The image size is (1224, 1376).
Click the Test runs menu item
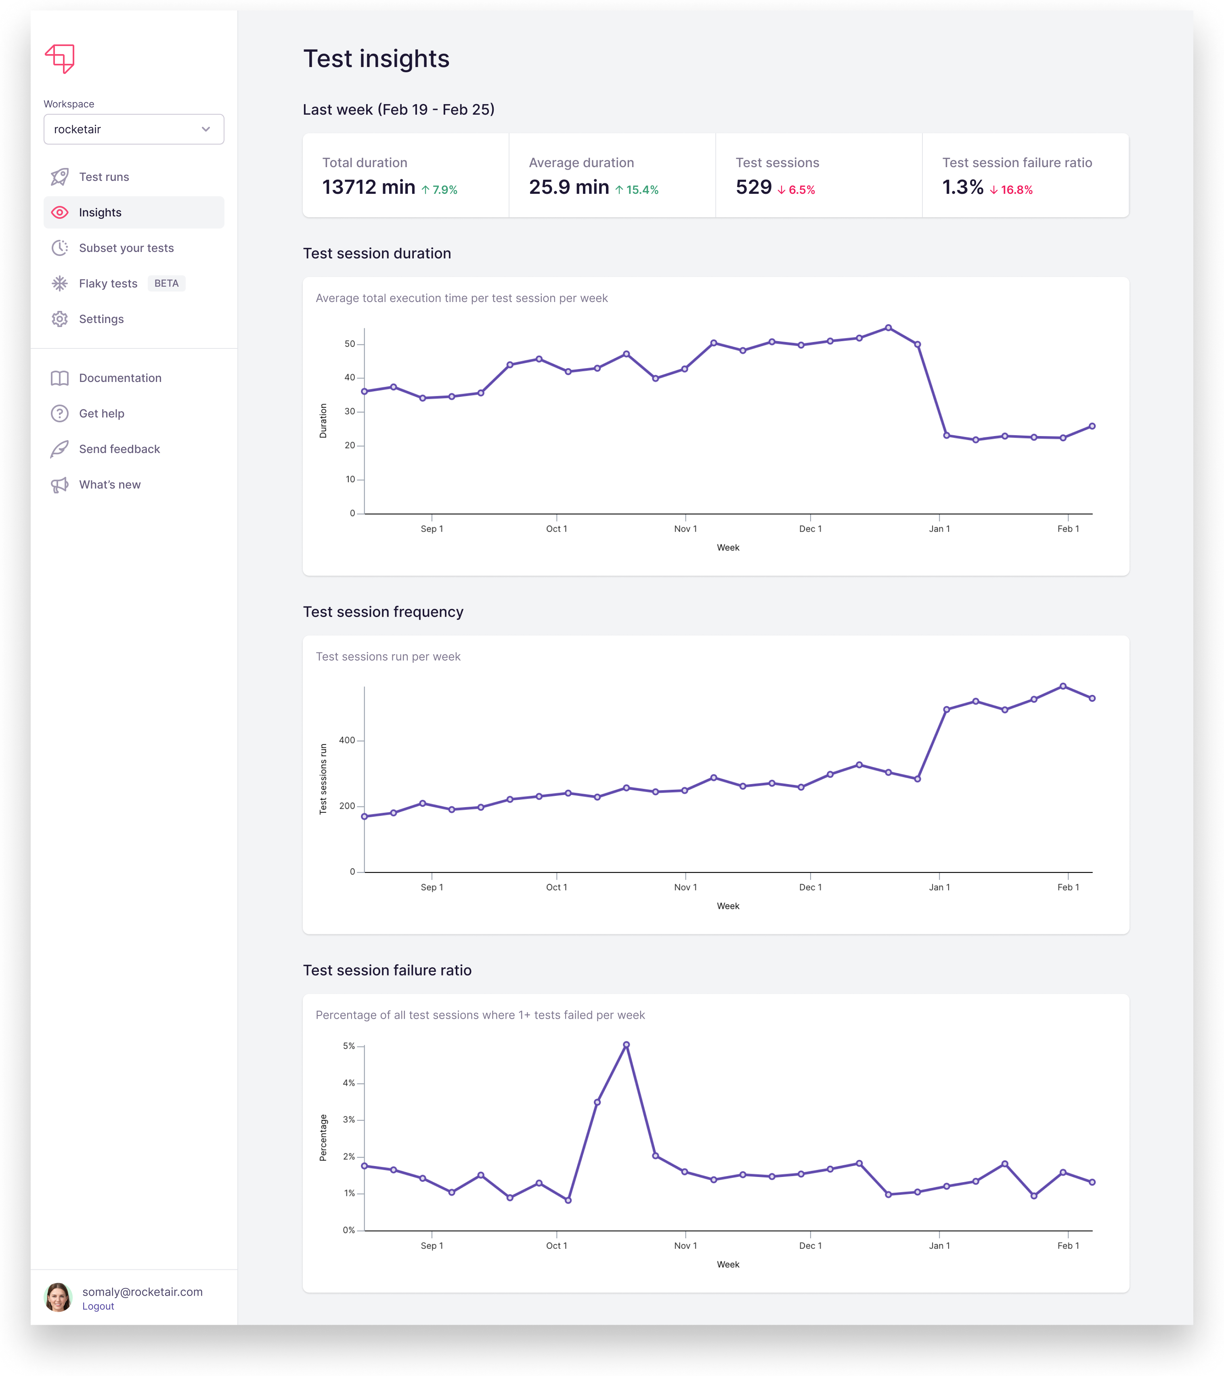tap(104, 177)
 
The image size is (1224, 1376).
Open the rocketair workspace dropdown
tap(133, 129)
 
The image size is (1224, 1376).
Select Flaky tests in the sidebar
tap(108, 283)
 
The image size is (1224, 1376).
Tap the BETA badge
tap(166, 283)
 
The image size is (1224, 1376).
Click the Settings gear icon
tap(60, 319)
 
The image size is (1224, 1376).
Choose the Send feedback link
tap(119, 449)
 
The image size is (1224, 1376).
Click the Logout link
tap(98, 1306)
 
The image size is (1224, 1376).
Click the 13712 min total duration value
tap(368, 187)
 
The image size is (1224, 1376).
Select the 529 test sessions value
tap(753, 187)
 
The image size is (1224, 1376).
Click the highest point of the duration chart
tap(888, 328)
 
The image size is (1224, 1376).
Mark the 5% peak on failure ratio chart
tap(626, 1045)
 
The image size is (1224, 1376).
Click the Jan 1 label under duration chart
tap(939, 529)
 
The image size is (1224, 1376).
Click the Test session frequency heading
tap(383, 612)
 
